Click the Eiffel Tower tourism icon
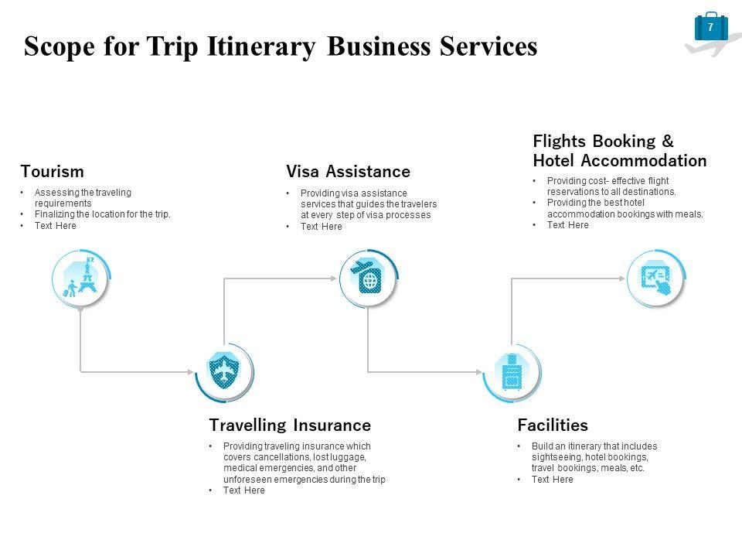tap(81, 278)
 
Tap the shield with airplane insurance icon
tap(224, 371)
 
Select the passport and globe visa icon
tap(368, 277)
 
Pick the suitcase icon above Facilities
tap(512, 372)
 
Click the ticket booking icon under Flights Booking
tap(655, 278)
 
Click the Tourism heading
tap(52, 171)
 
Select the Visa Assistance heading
tap(348, 171)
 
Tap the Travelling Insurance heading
tap(290, 425)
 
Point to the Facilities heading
tap(552, 425)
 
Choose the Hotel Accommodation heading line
tap(619, 161)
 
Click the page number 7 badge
tap(710, 28)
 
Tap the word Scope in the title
tap(57, 47)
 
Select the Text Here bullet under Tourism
tap(56, 226)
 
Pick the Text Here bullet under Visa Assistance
tap(321, 227)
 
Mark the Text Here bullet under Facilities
tap(552, 480)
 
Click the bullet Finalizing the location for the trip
tap(102, 214)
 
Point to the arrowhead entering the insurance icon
tap(192, 372)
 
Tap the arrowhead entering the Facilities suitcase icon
tap(480, 372)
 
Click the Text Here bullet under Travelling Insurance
tap(243, 490)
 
